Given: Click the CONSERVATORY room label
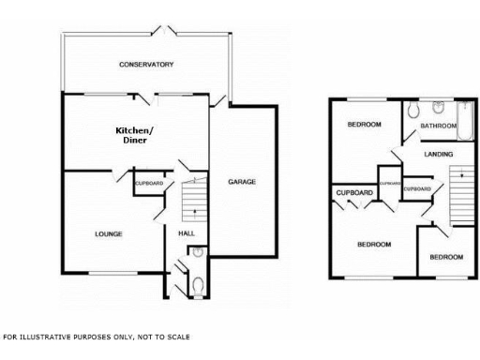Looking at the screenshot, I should pyautogui.click(x=147, y=65).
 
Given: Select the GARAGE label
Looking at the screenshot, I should pyautogui.click(x=242, y=181).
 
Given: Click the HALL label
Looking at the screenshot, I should pyautogui.click(x=186, y=233).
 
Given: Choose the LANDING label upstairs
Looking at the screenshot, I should pyautogui.click(x=438, y=154).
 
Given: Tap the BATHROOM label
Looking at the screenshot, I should pyautogui.click(x=438, y=126).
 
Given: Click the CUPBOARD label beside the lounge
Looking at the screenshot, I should pyautogui.click(x=149, y=183).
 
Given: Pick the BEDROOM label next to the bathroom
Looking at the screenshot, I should pyautogui.click(x=363, y=125).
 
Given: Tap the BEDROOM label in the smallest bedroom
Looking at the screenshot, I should pyautogui.click(x=446, y=257).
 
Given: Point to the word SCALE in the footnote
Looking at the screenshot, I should pyautogui.click(x=177, y=336).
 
